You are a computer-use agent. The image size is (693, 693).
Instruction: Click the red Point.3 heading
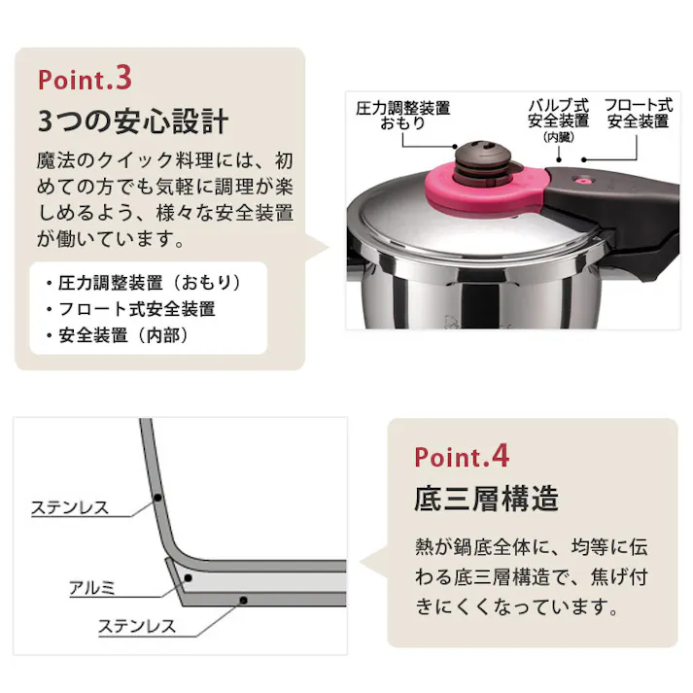tap(96, 77)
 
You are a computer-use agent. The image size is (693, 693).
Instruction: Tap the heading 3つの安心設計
tap(132, 122)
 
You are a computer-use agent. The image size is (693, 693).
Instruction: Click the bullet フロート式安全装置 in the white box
tap(136, 309)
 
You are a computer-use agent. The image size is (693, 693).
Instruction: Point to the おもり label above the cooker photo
tap(402, 124)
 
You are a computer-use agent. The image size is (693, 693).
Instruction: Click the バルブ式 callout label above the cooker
tap(559, 105)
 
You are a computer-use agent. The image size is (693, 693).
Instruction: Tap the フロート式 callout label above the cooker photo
tap(638, 105)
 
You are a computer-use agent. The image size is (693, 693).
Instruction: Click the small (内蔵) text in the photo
tap(559, 138)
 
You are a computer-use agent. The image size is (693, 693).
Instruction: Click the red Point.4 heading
tap(462, 456)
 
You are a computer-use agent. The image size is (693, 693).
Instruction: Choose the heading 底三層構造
tap(486, 500)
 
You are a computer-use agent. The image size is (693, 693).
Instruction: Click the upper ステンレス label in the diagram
tap(70, 507)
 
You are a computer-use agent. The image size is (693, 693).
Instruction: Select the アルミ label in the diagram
tap(91, 587)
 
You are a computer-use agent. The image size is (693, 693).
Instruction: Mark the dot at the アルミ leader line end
tap(189, 577)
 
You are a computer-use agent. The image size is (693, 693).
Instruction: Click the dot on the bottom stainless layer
tap(242, 600)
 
